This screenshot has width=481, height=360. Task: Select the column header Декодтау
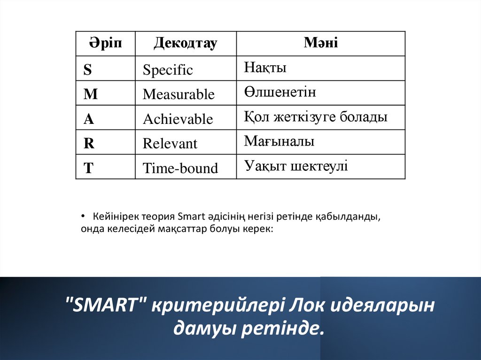[x=185, y=44]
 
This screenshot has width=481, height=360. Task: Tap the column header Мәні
[x=321, y=43]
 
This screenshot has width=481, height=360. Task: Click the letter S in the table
[x=88, y=70]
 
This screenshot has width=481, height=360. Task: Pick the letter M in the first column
[x=90, y=94]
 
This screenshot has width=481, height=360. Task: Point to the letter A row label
[x=89, y=119]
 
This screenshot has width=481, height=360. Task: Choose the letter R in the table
[x=89, y=143]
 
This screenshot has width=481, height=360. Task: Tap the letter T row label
[x=88, y=168]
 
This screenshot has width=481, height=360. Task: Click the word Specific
[x=168, y=70]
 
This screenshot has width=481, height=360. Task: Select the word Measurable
[x=178, y=95]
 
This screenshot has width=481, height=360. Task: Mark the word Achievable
[x=178, y=119]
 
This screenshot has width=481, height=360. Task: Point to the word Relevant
[x=170, y=144]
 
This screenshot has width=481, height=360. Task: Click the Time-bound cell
[x=180, y=169]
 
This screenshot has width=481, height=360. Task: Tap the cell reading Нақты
[x=265, y=68]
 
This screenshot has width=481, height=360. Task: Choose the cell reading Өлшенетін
[x=280, y=92]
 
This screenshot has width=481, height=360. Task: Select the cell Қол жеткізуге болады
[x=316, y=117]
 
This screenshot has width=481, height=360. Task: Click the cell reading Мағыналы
[x=279, y=141]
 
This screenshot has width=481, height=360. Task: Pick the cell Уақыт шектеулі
[x=296, y=166]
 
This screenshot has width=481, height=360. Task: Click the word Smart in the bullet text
[x=188, y=217]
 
